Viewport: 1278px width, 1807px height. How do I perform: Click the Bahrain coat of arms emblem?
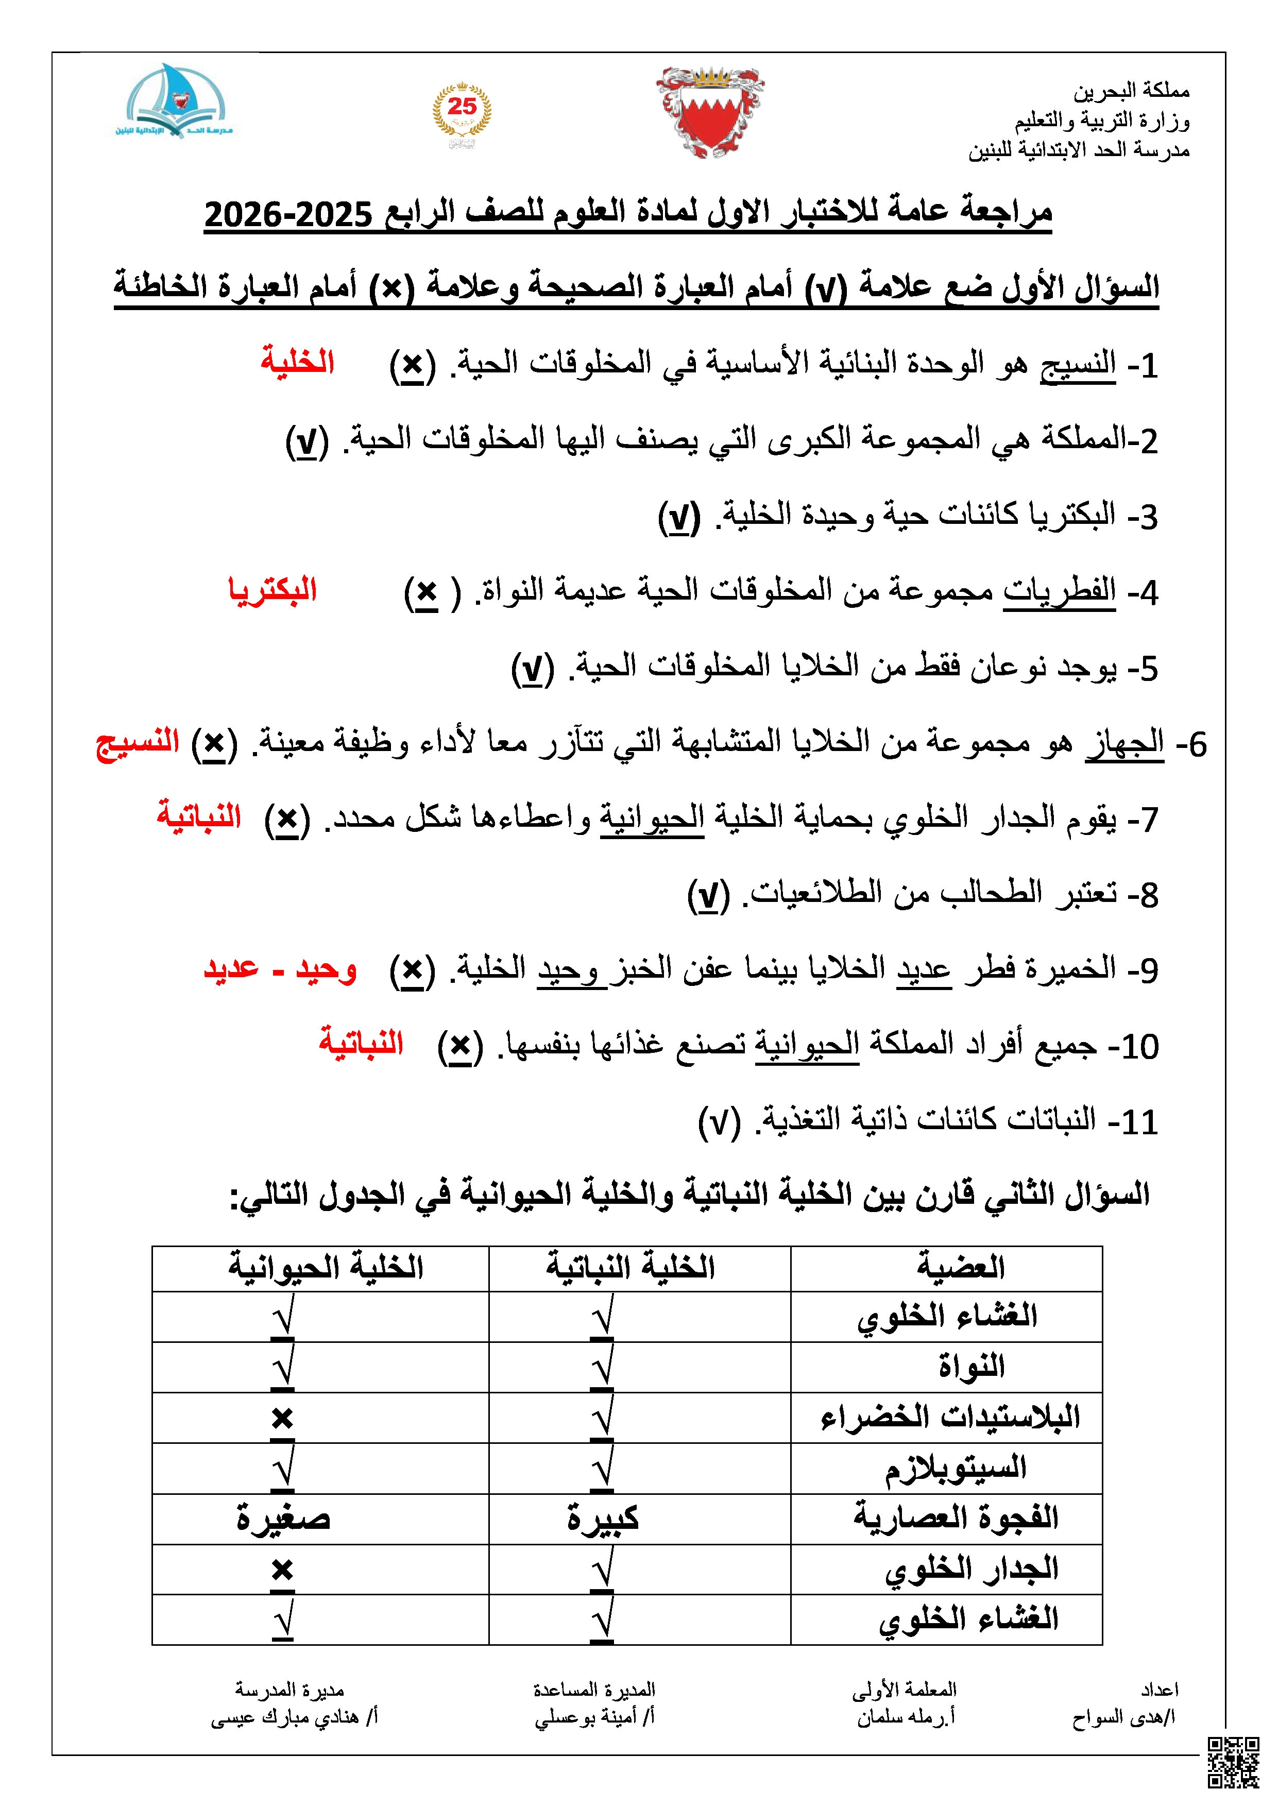click(710, 112)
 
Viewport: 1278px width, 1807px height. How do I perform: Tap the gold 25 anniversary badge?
click(462, 114)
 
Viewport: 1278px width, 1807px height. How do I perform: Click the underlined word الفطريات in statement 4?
click(1059, 591)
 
